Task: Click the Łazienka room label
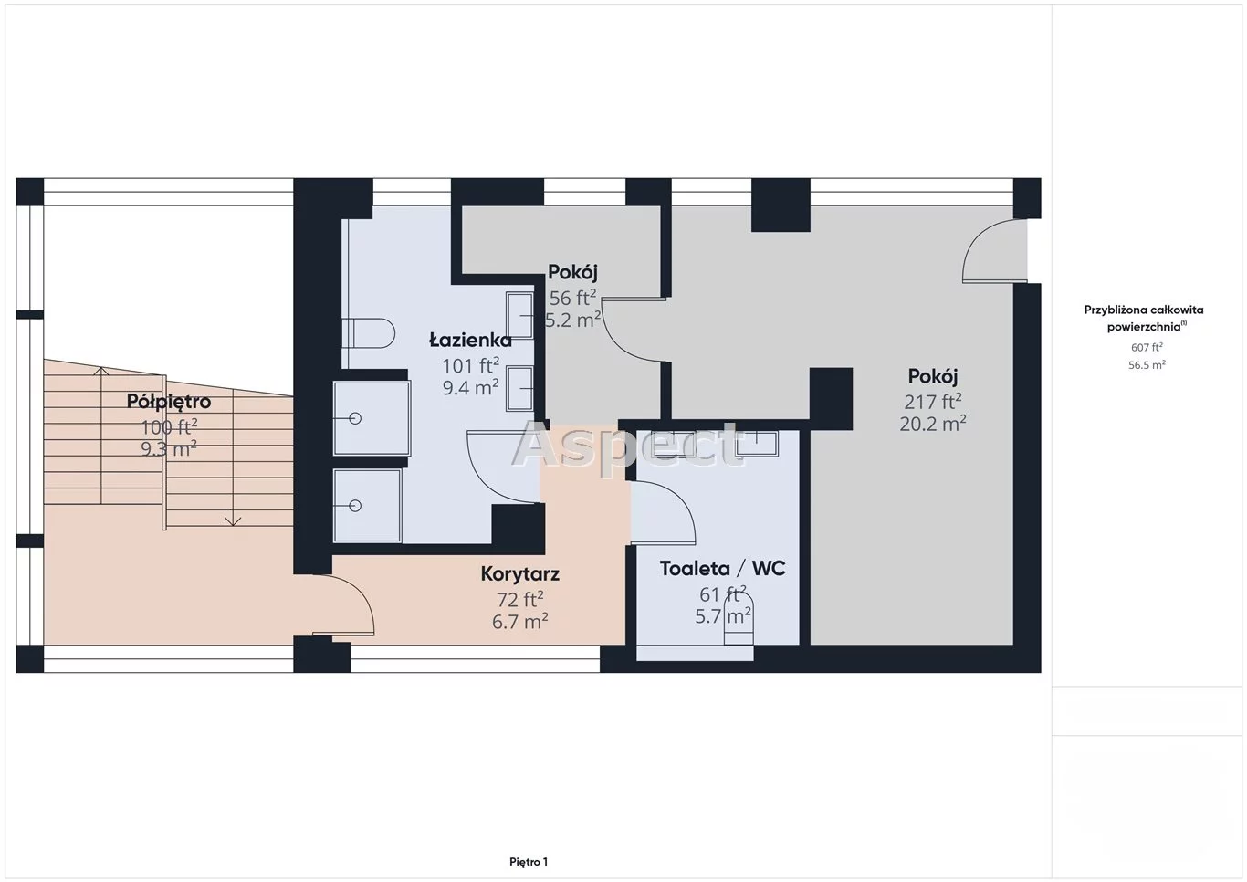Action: click(470, 341)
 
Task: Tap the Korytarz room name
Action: click(520, 574)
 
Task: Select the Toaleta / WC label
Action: click(723, 569)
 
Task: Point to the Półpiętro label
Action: click(169, 402)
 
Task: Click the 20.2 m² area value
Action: click(933, 425)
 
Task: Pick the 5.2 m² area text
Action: click(573, 320)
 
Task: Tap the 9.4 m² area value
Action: click(470, 387)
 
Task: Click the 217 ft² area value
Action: click(933, 401)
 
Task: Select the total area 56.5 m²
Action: click(1147, 365)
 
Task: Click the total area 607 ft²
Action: click(1147, 348)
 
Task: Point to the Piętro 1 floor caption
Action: click(529, 862)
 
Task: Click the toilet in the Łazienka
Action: click(368, 333)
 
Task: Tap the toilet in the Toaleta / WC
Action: click(739, 619)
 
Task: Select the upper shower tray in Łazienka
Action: click(372, 417)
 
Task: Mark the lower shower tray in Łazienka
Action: click(367, 506)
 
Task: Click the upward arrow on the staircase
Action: click(100, 436)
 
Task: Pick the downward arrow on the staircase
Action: click(233, 457)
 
